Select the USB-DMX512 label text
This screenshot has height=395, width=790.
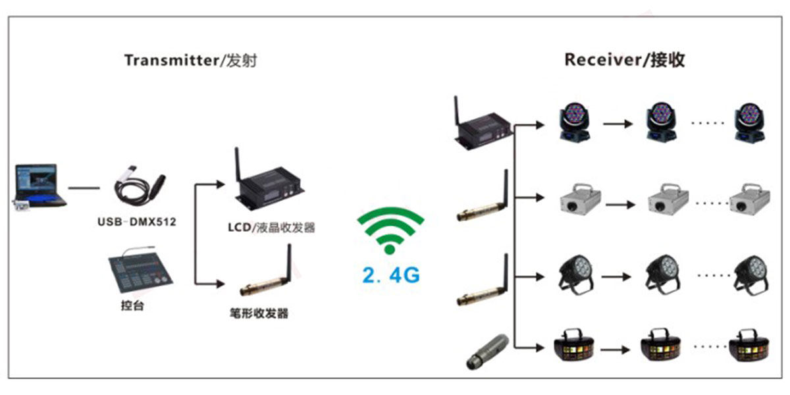point(137,223)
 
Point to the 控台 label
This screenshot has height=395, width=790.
point(132,305)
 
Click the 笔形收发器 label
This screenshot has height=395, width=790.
point(255,313)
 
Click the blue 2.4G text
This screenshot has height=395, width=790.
point(390,275)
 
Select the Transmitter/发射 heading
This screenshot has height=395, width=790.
point(190,61)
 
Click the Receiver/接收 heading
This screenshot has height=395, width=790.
point(624,60)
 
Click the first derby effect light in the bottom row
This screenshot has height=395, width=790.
point(572,344)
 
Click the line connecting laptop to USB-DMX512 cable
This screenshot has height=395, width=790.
point(84,188)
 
